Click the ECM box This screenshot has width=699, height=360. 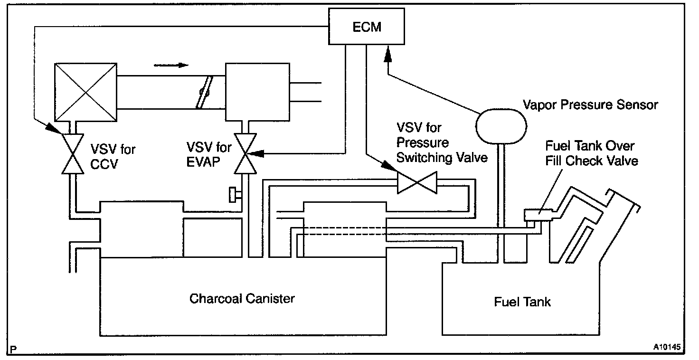click(x=367, y=27)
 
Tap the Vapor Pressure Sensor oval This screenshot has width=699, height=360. click(x=501, y=124)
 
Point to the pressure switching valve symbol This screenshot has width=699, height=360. click(x=417, y=183)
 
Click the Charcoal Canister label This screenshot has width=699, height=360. click(x=242, y=299)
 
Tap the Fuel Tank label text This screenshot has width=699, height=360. click(x=522, y=302)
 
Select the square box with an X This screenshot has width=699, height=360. click(x=85, y=92)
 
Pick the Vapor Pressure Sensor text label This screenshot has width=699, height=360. click(x=590, y=104)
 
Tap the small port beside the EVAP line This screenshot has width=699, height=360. click(x=234, y=195)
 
